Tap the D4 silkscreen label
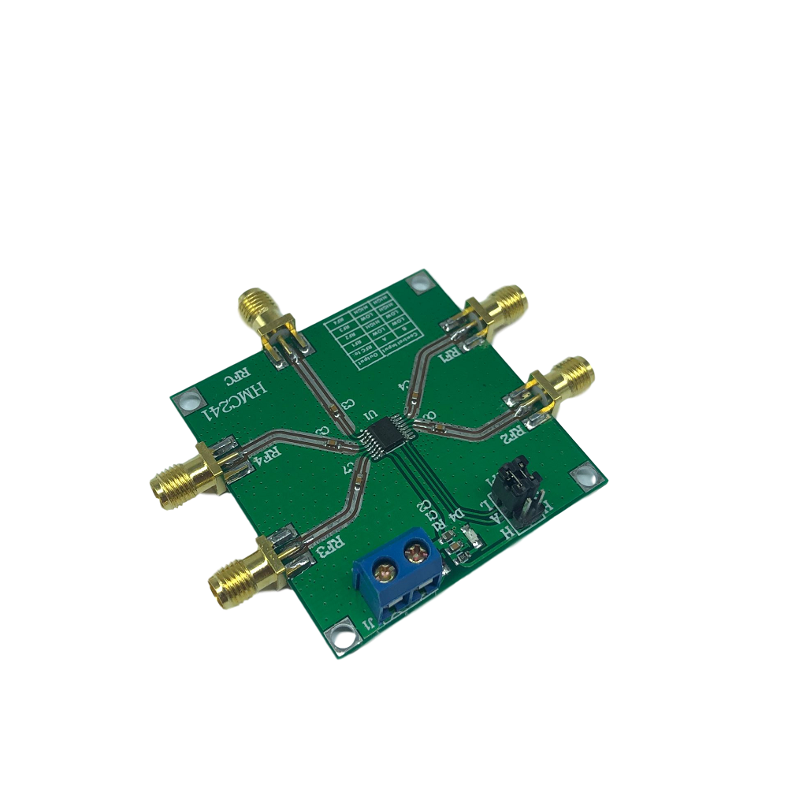pos(455,518)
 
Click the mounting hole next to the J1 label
pos(341,637)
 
